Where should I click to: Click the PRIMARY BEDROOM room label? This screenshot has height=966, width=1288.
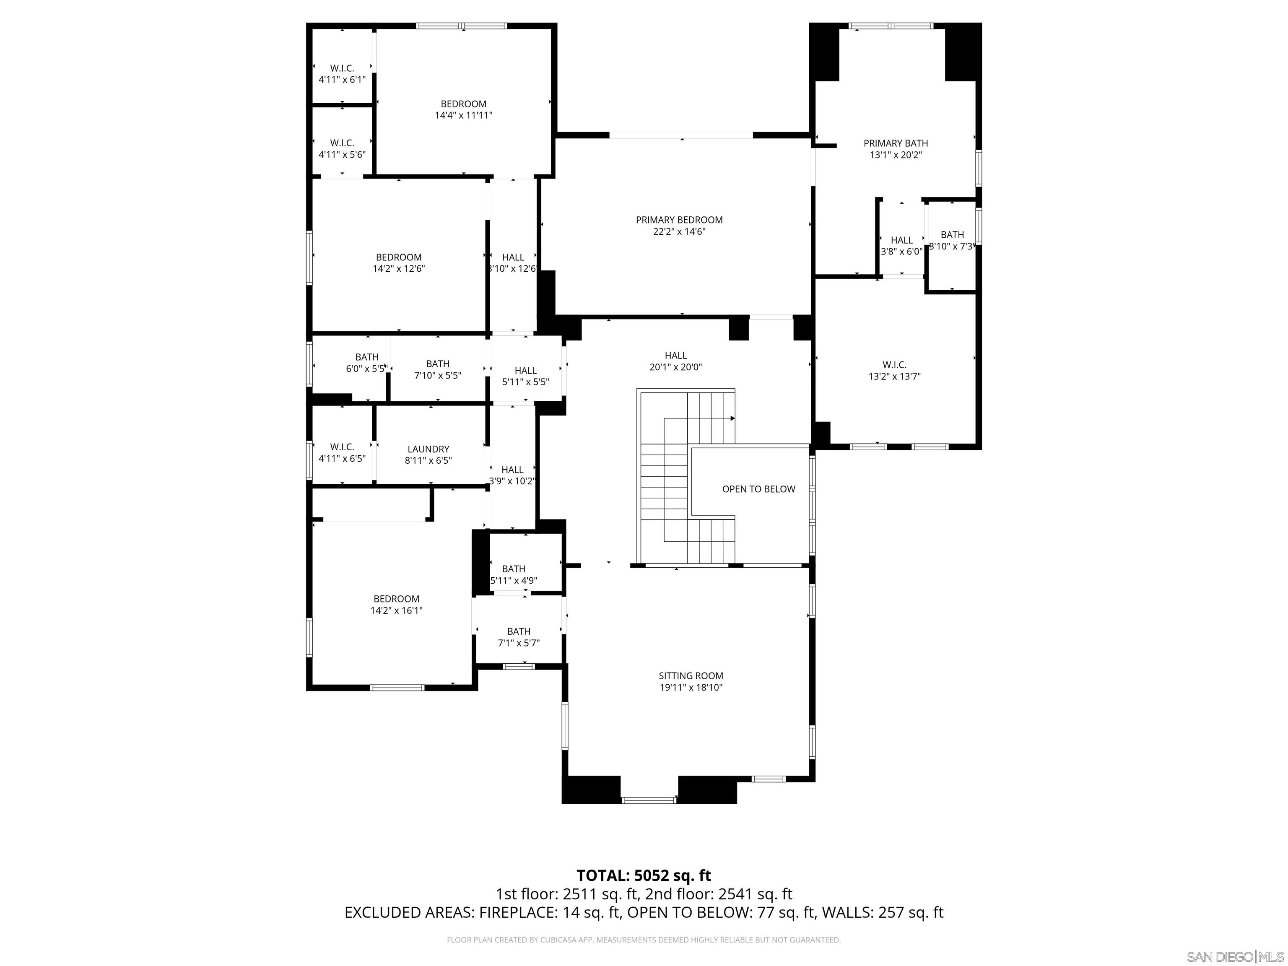(679, 220)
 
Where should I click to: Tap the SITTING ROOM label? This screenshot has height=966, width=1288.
(691, 676)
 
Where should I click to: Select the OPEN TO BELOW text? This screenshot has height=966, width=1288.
(758, 489)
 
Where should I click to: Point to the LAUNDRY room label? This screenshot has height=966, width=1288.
(428, 449)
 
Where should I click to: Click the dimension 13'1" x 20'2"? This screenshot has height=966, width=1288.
(896, 155)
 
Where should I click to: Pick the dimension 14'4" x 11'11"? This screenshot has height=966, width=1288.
(463, 115)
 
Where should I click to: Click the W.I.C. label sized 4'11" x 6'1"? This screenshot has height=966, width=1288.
(342, 68)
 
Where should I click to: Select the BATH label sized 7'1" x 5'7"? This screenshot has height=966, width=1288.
(518, 631)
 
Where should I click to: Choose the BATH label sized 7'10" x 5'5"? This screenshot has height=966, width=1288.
(437, 364)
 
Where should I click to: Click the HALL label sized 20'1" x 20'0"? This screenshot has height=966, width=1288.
(675, 355)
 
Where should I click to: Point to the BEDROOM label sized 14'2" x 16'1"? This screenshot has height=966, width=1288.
(396, 599)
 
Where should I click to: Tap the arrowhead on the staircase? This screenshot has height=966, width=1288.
(732, 418)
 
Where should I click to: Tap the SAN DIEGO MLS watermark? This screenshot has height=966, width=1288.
(1234, 957)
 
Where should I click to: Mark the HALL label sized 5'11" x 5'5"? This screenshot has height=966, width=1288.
(525, 370)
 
